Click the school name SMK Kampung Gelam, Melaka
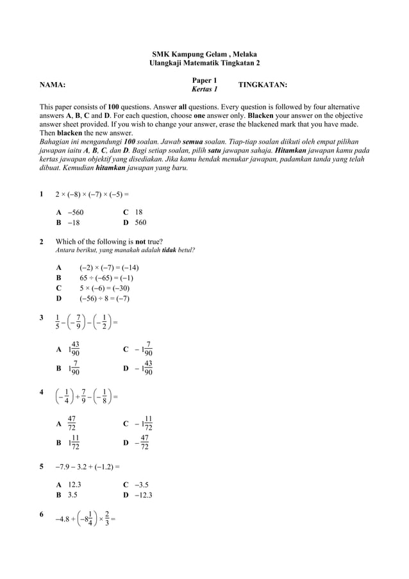pos(204,54)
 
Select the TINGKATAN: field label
pos(262,85)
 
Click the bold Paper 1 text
pos(204,80)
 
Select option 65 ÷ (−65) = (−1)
pos(106,278)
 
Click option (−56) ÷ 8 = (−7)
pos(104,299)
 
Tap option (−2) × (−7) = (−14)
pos(109,268)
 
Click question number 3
pos(42,317)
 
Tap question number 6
pos(42,515)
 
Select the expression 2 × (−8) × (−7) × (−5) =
pos(93,193)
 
